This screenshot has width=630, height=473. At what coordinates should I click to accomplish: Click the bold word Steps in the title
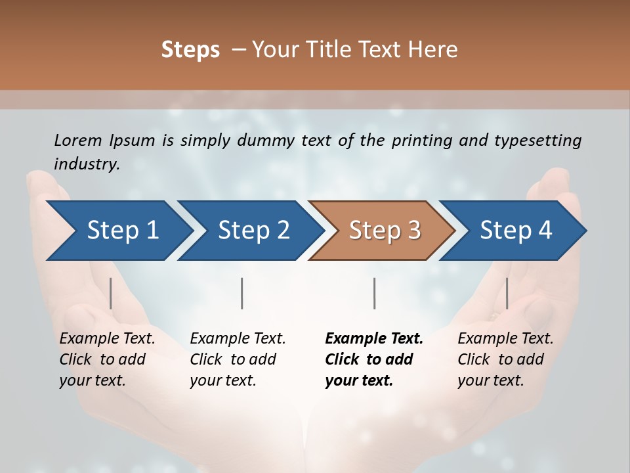(190, 50)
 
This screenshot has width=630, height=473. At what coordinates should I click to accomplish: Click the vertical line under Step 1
(111, 293)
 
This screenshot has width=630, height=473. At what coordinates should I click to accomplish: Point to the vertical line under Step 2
(242, 293)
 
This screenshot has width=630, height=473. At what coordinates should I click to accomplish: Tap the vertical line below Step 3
(375, 293)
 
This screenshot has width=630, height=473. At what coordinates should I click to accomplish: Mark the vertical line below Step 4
(507, 293)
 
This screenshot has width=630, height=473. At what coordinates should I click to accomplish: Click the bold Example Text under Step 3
(374, 359)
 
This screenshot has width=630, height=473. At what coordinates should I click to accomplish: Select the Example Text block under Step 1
(107, 359)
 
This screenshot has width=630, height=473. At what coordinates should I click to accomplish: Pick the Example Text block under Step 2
(238, 359)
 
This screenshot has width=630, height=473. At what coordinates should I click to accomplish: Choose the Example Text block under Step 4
(505, 359)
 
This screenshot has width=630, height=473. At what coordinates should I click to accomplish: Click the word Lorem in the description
(78, 140)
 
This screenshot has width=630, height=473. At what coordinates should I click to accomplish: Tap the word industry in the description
(87, 164)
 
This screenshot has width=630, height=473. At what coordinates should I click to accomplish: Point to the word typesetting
(537, 141)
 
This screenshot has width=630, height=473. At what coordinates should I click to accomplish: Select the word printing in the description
(422, 141)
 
